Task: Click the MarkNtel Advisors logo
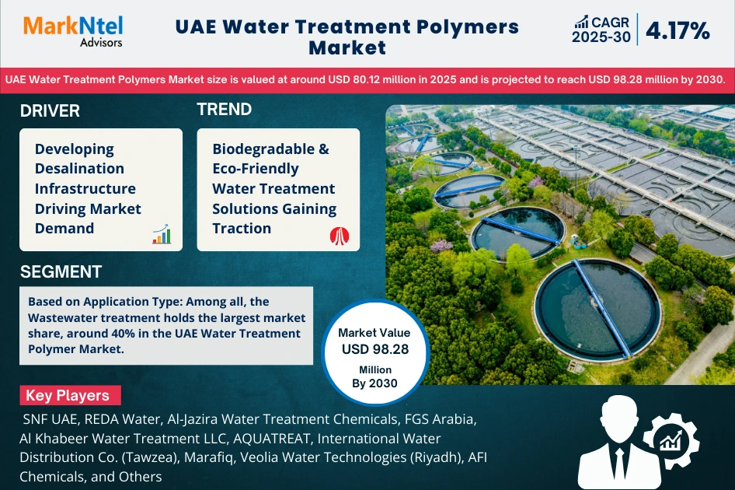[73, 31]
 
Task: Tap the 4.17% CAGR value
[677, 31]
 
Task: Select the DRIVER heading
[50, 110]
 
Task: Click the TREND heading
[224, 110]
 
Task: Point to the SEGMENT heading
[61, 271]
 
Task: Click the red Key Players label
[68, 395]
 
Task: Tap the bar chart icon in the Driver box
[162, 234]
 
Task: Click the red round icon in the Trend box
[339, 235]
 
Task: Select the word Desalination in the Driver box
[79, 168]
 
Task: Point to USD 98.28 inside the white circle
[374, 349]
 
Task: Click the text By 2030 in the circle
[374, 383]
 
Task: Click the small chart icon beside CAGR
[581, 22]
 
